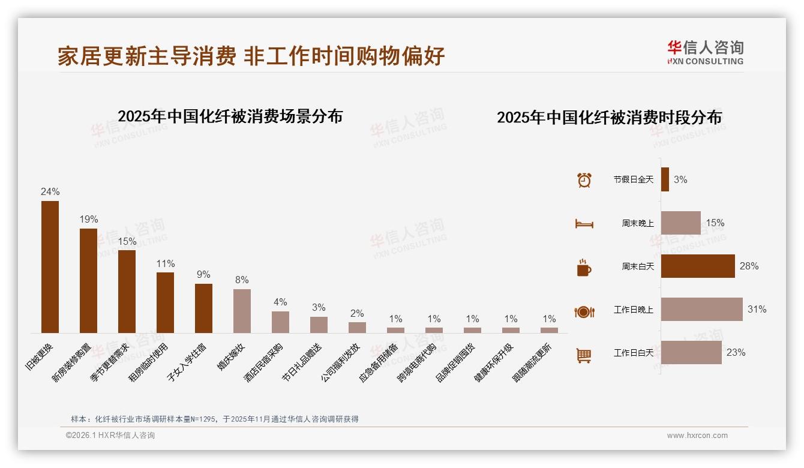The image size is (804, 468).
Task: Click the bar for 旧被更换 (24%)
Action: coord(50,266)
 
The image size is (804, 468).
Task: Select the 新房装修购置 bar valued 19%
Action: coord(88,280)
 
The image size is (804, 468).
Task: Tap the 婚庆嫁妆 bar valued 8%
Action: coord(242,311)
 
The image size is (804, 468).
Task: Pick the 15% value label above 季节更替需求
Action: coord(127,241)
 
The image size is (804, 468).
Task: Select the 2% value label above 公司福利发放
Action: coord(357,313)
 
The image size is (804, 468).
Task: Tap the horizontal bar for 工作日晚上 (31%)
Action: coord(701,310)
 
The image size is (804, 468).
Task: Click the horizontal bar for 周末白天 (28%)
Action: coord(698,266)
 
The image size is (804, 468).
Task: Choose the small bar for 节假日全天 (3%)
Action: coord(665,179)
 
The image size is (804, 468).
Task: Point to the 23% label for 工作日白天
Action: coord(736,353)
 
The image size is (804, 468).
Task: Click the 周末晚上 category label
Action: coord(637,223)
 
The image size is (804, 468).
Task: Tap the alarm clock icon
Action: coord(584,180)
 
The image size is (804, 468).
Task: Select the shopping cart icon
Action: coord(584,355)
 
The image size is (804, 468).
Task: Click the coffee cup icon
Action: coord(584,268)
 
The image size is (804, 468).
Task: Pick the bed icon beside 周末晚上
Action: coord(584,224)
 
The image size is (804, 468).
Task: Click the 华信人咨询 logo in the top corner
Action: coord(705,52)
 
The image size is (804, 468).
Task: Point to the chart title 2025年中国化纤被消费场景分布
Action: coord(230,116)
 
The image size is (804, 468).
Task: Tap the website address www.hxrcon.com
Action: coord(697,436)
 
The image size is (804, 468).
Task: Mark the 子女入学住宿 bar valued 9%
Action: coord(203,308)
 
